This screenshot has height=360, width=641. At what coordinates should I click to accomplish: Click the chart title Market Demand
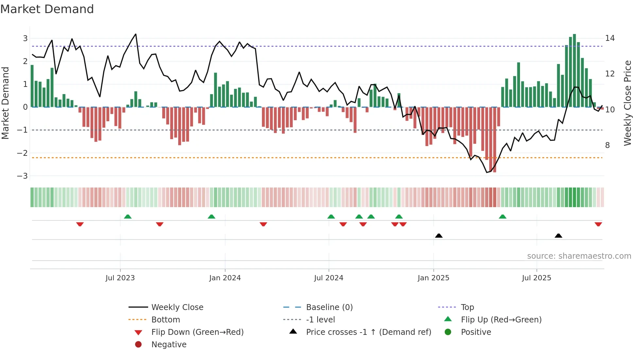[47, 9]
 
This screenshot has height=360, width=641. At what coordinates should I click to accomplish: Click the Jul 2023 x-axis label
[120, 278]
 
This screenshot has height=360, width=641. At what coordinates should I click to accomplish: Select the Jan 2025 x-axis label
[433, 278]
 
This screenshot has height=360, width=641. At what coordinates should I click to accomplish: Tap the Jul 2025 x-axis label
[536, 278]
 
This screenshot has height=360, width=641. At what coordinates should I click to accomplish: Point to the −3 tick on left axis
[23, 176]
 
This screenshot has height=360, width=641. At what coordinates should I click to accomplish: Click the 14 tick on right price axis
[610, 38]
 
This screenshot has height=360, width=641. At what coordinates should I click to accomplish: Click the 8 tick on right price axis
[607, 145]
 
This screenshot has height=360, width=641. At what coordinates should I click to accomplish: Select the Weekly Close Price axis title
[627, 103]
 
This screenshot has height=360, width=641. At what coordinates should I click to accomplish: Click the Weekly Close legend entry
[177, 307]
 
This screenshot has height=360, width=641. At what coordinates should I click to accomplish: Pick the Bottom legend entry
[165, 320]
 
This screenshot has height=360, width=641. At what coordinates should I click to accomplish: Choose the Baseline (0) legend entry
[329, 307]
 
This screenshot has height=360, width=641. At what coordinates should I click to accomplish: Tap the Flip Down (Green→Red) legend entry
[197, 332]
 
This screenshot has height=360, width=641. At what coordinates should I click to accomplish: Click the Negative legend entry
[169, 345]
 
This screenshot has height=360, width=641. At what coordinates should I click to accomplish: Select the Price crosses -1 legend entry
[368, 332]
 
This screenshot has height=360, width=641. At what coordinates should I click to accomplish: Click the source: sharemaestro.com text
[579, 256]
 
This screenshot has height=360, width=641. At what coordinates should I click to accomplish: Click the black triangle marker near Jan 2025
[439, 236]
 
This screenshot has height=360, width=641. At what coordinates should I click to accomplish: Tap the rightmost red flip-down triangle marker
[598, 224]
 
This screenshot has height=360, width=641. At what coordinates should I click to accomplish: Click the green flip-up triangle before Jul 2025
[503, 217]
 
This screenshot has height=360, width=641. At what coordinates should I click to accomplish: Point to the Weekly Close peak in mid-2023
[136, 34]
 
